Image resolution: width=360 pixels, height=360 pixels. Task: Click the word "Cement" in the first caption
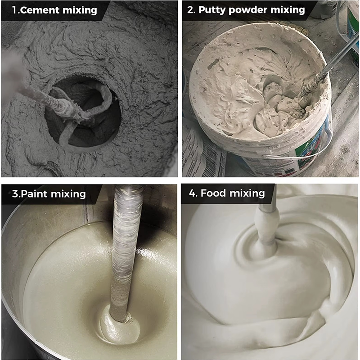[40, 10]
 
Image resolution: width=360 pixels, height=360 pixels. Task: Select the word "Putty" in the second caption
[211, 10]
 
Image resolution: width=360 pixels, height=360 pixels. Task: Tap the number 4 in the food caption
[193, 193]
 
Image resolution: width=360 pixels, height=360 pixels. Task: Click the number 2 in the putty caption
[191, 10]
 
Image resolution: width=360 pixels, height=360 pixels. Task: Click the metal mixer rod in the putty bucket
[328, 67]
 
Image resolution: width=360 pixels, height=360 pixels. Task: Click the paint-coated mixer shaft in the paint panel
[125, 252]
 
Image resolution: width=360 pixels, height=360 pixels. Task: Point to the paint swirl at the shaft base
[119, 326]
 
